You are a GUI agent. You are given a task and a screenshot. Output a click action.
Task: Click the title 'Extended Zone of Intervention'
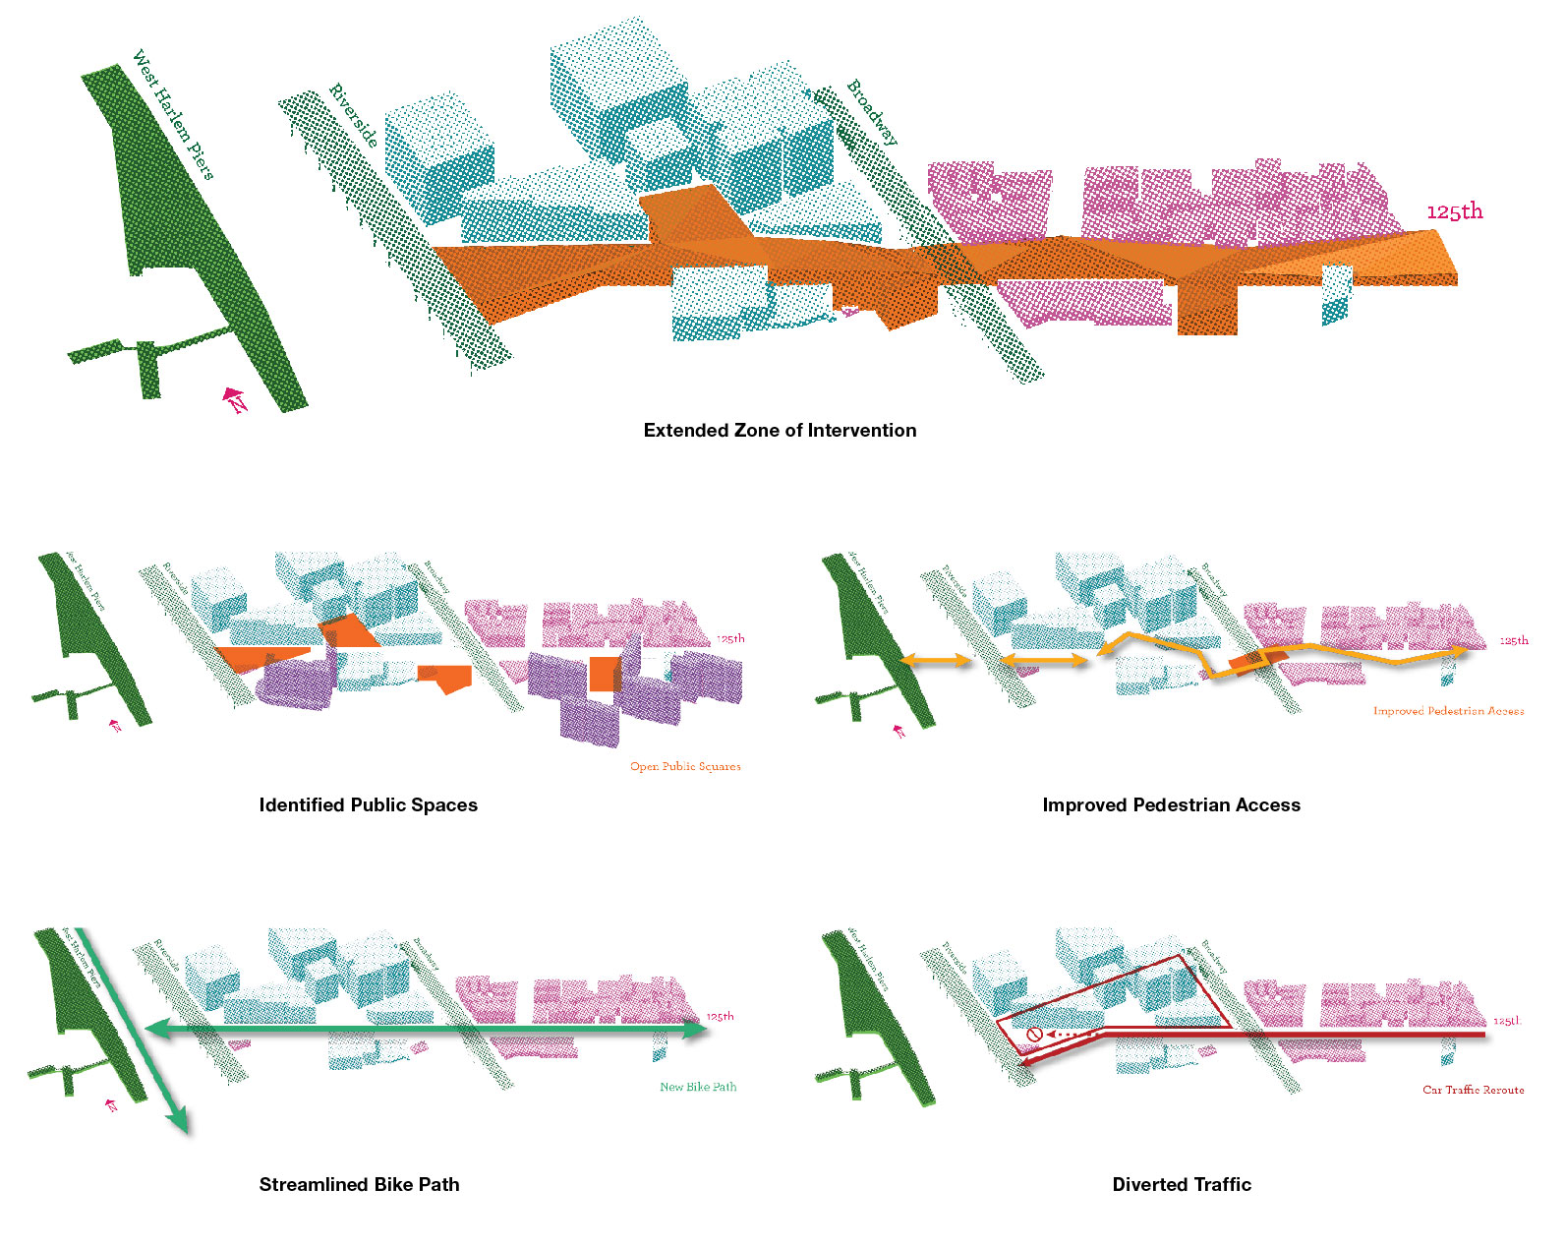[x=780, y=430]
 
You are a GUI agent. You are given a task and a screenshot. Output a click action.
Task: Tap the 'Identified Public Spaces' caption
[x=368, y=804]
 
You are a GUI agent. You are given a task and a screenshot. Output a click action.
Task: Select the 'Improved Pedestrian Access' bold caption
[x=1171, y=804]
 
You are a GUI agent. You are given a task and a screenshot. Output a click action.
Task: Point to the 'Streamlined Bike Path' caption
[x=359, y=1184]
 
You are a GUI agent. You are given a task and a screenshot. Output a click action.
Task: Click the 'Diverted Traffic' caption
[x=1182, y=1184]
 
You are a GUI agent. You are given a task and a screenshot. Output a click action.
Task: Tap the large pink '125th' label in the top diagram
[x=1454, y=211]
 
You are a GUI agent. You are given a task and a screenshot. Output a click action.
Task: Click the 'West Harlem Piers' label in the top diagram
[x=173, y=115]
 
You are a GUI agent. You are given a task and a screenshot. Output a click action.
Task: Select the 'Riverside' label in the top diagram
[x=354, y=116]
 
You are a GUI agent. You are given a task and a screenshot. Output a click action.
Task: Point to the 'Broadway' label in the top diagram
[x=872, y=112]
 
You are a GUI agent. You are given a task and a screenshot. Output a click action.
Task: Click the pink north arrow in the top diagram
[x=235, y=399]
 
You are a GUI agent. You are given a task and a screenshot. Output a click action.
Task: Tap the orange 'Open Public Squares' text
[x=685, y=766]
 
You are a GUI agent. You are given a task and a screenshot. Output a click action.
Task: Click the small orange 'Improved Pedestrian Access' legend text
[x=1448, y=710]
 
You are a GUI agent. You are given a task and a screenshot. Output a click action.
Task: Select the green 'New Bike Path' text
[x=698, y=1087]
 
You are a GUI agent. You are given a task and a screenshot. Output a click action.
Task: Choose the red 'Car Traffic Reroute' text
[x=1473, y=1090]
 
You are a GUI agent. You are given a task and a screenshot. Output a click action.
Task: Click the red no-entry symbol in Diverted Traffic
[x=1034, y=1035]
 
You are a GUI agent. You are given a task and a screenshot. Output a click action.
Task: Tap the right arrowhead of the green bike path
[x=695, y=1030]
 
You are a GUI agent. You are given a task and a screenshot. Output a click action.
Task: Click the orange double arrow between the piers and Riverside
[x=936, y=662]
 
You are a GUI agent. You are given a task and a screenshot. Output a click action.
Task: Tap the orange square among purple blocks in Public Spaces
[x=605, y=674]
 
